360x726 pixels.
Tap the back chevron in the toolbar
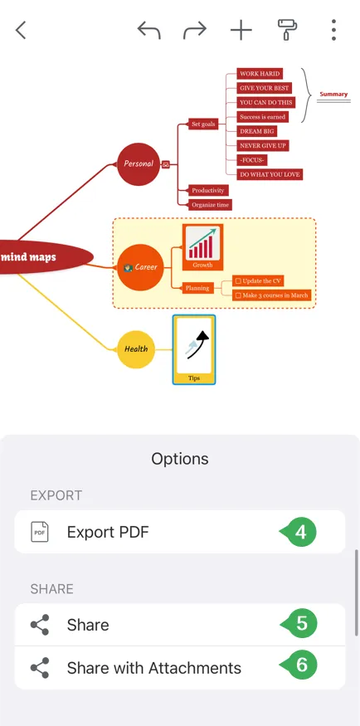tap(21, 31)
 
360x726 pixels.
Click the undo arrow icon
tap(149, 31)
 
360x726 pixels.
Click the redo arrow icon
tap(195, 31)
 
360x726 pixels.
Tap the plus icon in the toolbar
tap(241, 31)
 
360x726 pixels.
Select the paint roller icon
tap(287, 31)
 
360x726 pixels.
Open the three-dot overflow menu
tap(333, 31)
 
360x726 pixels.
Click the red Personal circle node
tap(139, 164)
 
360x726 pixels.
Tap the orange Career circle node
tap(140, 267)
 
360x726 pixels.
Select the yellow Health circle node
tap(135, 349)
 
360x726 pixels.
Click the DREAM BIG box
tap(257, 131)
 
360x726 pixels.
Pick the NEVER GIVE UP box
tap(263, 145)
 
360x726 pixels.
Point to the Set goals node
tap(203, 124)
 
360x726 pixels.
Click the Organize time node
tap(210, 205)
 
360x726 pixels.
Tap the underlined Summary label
tap(333, 95)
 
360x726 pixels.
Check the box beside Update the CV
tap(238, 281)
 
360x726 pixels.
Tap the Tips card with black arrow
tap(194, 349)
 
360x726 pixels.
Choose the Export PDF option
tap(180, 532)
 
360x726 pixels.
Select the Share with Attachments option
tap(180, 668)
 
